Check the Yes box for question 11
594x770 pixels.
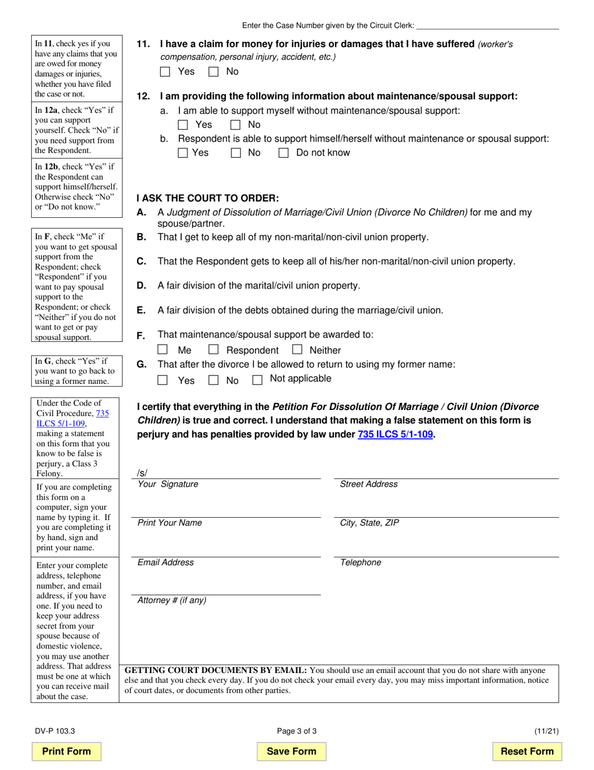(165, 71)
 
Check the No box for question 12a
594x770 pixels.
(236, 125)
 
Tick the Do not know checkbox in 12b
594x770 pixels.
(283, 153)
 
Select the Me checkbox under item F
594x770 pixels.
(163, 349)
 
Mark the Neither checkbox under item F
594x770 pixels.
(297, 349)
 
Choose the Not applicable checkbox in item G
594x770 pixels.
(257, 379)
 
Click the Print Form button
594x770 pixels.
(66, 751)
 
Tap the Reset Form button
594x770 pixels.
(527, 751)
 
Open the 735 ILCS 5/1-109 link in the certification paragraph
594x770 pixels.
(395, 434)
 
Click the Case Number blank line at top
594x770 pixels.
(488, 26)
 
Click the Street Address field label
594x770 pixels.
(368, 484)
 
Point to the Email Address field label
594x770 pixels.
(166, 562)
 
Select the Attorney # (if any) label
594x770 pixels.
(172, 600)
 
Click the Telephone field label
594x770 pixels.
(360, 562)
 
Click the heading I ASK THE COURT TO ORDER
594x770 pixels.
(208, 198)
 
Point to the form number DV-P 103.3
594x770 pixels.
(55, 731)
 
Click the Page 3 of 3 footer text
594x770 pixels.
(297, 731)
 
